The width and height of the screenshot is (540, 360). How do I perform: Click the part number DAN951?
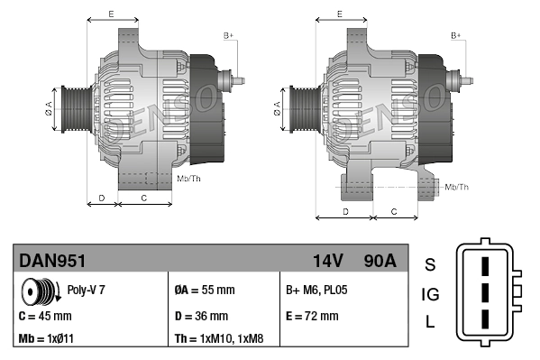[x=52, y=262]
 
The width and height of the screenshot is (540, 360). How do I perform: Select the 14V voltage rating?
[x=327, y=262]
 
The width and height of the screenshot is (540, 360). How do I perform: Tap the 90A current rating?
[x=378, y=262]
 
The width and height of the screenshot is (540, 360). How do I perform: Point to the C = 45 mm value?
[x=45, y=317]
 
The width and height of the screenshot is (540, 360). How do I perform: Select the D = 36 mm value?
[x=201, y=317]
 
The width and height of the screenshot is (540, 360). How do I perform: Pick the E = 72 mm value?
[x=312, y=317]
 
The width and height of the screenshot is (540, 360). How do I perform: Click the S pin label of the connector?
[x=430, y=264]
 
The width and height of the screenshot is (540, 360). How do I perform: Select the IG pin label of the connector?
[x=430, y=294]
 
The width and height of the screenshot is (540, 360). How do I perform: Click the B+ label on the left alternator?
[x=228, y=35]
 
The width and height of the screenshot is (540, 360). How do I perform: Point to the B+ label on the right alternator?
[x=456, y=35]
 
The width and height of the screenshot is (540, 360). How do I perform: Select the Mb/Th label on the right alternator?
[x=457, y=187]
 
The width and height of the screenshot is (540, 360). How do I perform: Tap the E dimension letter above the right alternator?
[x=338, y=14]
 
